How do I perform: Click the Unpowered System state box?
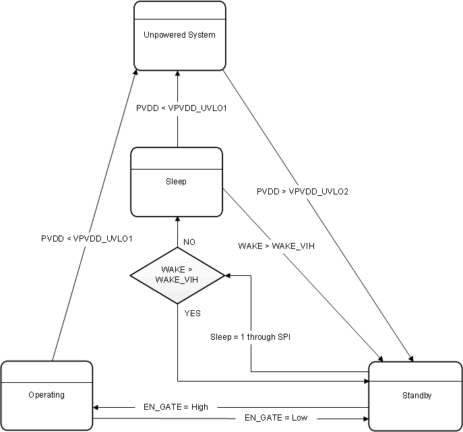point(179,36)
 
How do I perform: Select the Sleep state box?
point(177,182)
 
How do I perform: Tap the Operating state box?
point(47,395)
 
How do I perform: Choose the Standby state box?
point(414,396)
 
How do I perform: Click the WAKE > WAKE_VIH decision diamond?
point(177,275)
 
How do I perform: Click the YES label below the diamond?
point(192,313)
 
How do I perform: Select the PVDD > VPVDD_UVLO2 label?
point(302,192)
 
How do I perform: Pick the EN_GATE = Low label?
point(276,418)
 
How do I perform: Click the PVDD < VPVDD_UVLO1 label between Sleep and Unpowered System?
point(181,107)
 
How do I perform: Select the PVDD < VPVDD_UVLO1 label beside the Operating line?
point(86,238)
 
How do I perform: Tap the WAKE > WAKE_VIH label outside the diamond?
point(276,246)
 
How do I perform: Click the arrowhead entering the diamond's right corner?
point(229,275)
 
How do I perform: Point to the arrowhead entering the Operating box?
point(96,407)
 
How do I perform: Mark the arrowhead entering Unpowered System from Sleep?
point(177,74)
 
